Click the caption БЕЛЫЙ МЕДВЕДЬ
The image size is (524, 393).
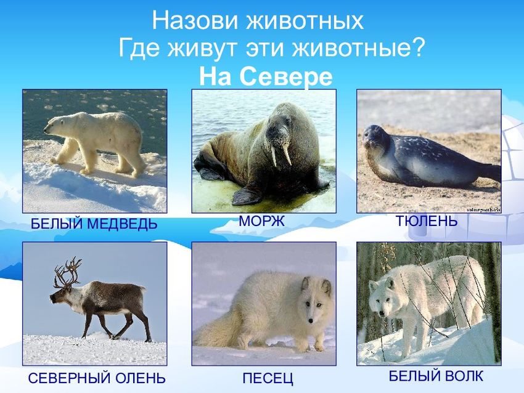click(x=94, y=224)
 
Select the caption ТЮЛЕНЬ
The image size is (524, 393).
click(x=426, y=221)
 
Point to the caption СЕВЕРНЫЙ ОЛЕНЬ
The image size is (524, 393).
click(x=97, y=378)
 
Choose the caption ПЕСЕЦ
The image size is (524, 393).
click(x=268, y=378)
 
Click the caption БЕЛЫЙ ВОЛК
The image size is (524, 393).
click(x=436, y=376)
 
